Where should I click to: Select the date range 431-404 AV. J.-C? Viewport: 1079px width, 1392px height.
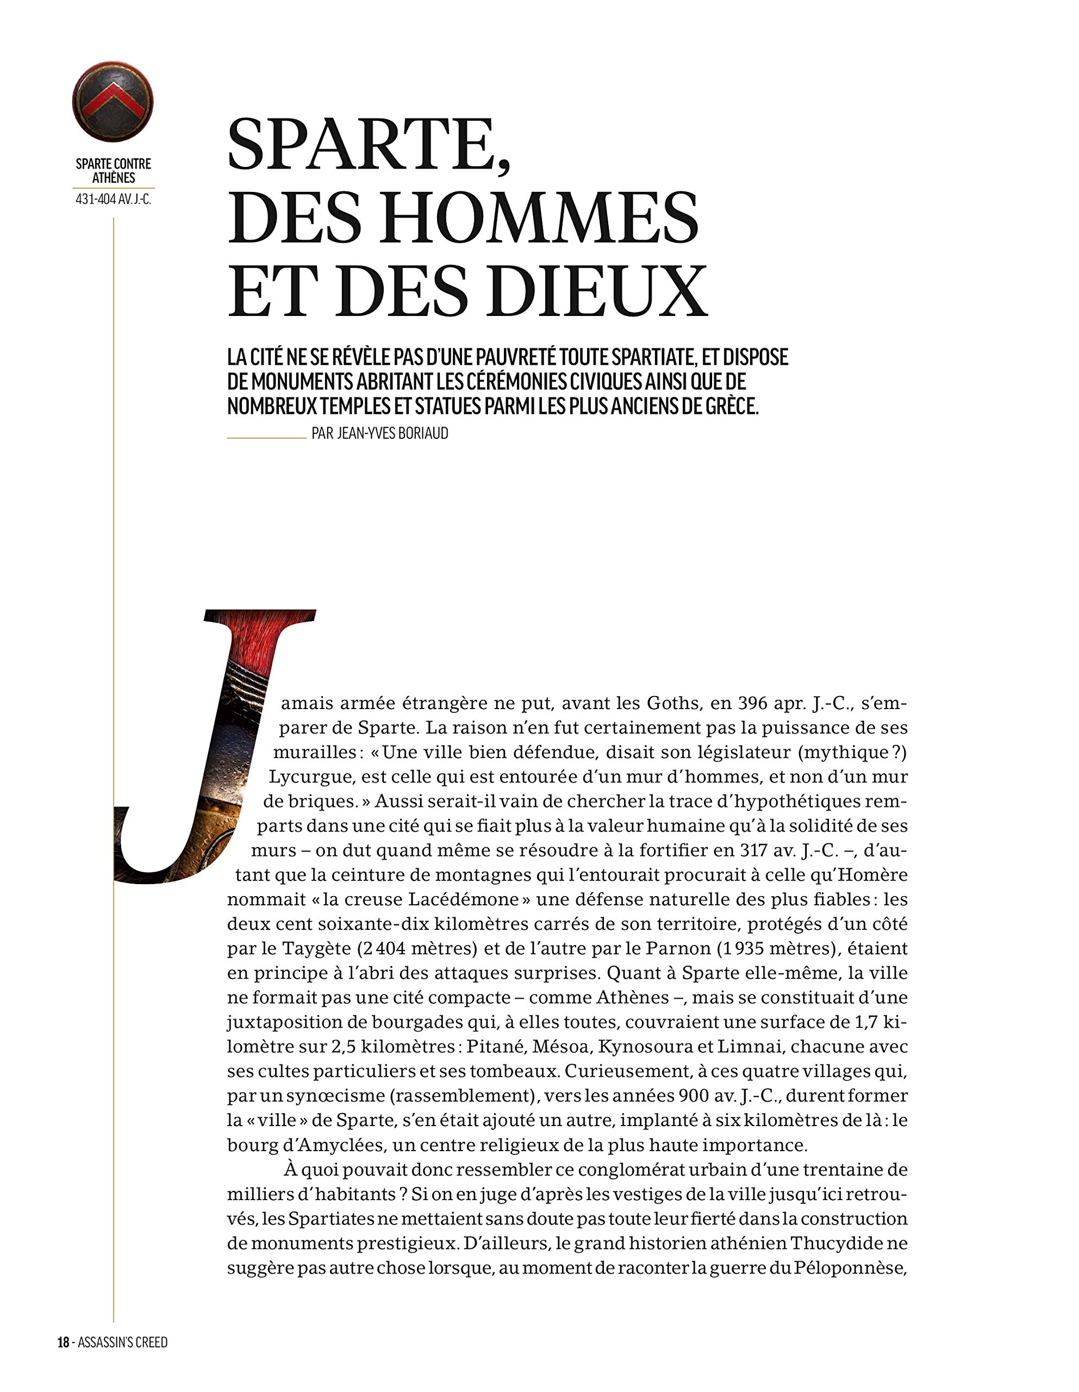tap(114, 199)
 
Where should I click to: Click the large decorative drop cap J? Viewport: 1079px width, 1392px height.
tap(210, 745)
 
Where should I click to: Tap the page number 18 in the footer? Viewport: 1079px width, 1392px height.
tap(63, 1343)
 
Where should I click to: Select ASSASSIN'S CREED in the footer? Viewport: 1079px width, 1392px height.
tap(122, 1343)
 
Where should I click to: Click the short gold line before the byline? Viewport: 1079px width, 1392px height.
tap(266, 438)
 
